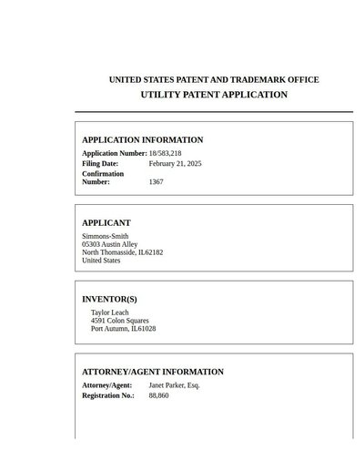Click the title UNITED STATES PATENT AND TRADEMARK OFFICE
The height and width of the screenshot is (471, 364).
[214, 80]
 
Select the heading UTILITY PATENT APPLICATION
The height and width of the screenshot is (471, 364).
[214, 95]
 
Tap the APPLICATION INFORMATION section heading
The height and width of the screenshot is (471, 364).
[143, 140]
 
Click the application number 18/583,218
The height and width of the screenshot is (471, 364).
[165, 153]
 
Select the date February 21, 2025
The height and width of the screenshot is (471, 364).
[175, 163]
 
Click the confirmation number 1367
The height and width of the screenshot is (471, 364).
[157, 182]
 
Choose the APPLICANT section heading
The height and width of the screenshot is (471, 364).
[106, 223]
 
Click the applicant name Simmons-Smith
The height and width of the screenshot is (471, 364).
[105, 236]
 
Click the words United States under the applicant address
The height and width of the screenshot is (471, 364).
[101, 261]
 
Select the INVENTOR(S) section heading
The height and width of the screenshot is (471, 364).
[110, 300]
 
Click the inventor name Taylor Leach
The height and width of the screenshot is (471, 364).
[110, 312]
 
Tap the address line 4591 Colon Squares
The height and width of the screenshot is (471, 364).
[120, 321]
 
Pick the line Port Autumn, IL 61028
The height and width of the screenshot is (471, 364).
[123, 329]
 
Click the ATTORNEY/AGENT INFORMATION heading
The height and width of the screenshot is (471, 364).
[153, 373]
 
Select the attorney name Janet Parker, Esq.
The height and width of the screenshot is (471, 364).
[174, 385]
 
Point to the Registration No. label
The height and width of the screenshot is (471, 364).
[108, 396]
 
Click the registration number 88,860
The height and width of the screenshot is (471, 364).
[158, 396]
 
